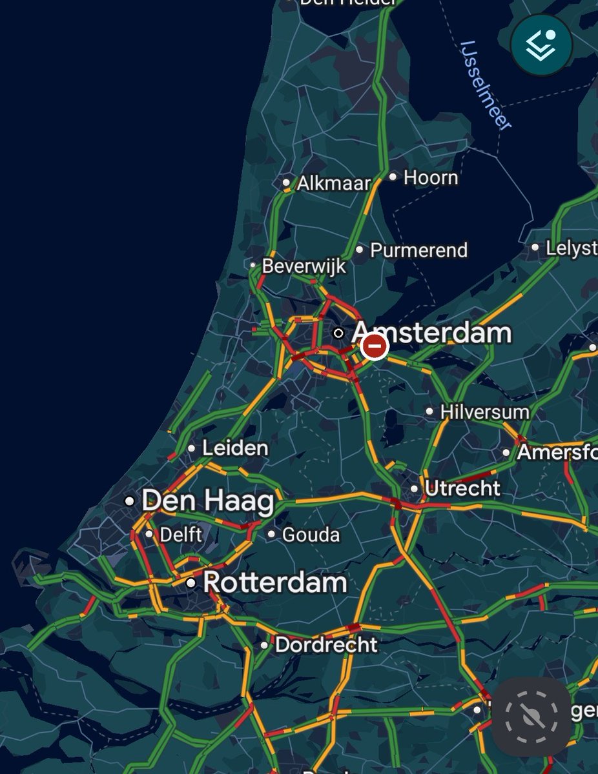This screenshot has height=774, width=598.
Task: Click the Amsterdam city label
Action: (x=431, y=333)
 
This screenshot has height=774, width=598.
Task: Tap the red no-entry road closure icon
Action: (x=374, y=347)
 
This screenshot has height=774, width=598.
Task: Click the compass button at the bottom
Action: (x=531, y=715)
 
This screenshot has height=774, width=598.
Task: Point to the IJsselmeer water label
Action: (x=486, y=85)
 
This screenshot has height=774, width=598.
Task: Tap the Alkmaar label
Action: (x=334, y=183)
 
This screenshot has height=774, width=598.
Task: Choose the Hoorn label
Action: (x=431, y=177)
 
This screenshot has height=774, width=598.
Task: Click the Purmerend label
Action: (x=418, y=250)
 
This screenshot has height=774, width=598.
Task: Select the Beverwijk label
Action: (x=304, y=266)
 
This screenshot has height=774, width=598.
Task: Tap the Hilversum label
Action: (x=485, y=412)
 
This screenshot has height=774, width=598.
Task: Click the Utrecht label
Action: (x=462, y=488)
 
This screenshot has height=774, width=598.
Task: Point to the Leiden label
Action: (x=235, y=448)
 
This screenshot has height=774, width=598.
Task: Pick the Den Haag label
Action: (x=208, y=501)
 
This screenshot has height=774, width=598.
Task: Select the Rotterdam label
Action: (x=275, y=582)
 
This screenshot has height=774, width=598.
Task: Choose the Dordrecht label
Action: (x=326, y=644)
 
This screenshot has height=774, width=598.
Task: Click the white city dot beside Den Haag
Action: (x=130, y=501)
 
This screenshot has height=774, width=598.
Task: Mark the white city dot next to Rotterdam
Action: (x=191, y=582)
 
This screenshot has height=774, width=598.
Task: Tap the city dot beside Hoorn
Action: (x=393, y=177)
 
